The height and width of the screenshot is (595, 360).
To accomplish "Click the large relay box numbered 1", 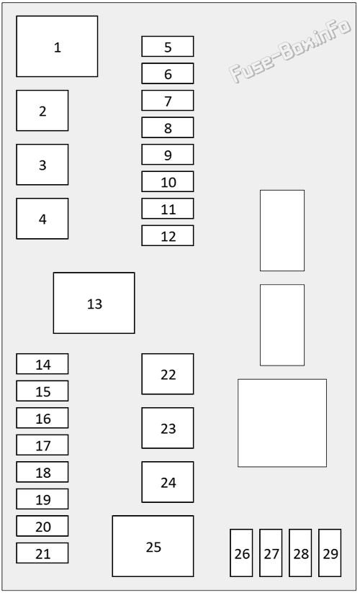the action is (x=57, y=46).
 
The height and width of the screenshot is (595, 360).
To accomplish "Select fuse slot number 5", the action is (x=168, y=46).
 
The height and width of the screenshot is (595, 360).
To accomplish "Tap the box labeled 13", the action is (x=94, y=303).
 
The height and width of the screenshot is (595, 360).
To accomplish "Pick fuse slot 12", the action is (x=168, y=235).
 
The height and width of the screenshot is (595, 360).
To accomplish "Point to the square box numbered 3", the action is (x=42, y=164).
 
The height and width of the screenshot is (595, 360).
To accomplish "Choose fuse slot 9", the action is (x=168, y=155).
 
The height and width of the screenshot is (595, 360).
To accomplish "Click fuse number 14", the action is (x=42, y=363).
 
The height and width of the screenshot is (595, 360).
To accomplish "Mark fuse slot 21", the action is (x=42, y=553).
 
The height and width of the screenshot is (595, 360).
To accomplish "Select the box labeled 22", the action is (x=168, y=374).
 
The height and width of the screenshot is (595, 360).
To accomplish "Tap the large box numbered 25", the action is (x=153, y=545).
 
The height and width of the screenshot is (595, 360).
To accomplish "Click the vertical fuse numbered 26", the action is (x=241, y=553).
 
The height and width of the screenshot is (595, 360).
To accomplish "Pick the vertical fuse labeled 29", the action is (x=330, y=553).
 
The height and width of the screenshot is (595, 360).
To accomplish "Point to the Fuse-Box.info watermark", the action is (x=289, y=50).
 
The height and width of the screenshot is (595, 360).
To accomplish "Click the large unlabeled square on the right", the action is (x=282, y=423).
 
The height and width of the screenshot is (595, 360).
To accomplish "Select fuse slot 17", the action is (x=42, y=445).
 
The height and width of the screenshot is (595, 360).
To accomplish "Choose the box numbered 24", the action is (x=168, y=482).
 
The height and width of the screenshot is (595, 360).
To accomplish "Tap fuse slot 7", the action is (x=168, y=100).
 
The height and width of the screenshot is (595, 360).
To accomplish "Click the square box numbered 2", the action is (x=42, y=110).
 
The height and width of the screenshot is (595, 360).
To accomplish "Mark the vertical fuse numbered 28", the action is (x=300, y=553).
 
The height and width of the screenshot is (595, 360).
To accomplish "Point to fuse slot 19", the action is (x=42, y=499).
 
